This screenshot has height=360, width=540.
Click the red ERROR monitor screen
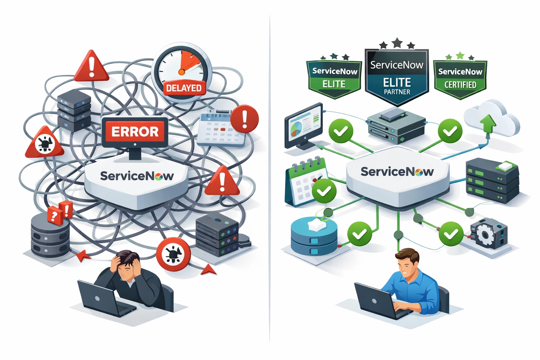tap(135, 132)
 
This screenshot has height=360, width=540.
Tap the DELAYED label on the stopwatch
tap(184, 88)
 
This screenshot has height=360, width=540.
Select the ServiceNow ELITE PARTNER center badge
tap(397, 77)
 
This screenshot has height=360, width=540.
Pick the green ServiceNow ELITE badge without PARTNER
tap(334, 78)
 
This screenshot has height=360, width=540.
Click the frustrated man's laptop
tap(102, 297)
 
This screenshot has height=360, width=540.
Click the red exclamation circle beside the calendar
tap(245, 119)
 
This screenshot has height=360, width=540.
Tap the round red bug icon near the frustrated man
tap(173, 254)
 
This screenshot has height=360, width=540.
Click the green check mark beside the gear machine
tap(451, 234)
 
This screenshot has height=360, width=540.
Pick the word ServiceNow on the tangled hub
tap(136, 176)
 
